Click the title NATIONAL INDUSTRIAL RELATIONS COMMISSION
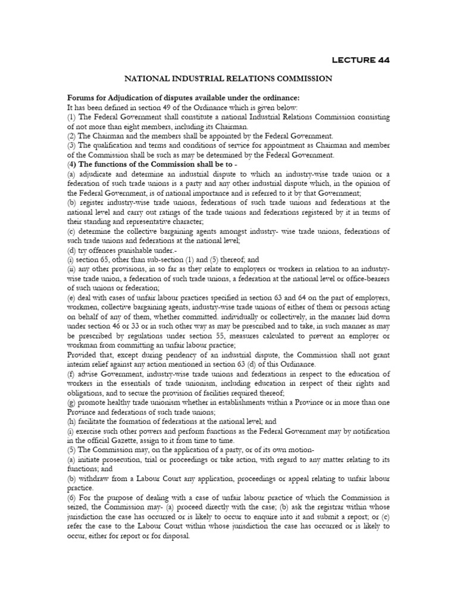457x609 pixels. [228, 78]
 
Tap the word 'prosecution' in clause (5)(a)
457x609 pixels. [120, 459]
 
